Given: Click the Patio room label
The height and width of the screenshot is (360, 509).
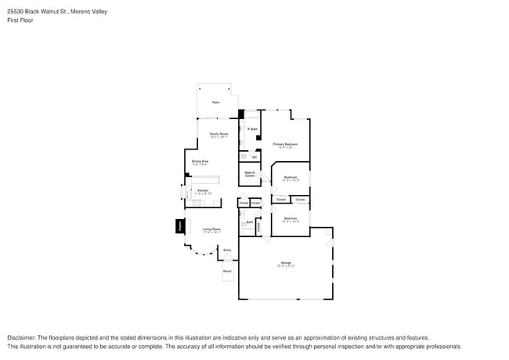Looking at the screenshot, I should tap(215, 103).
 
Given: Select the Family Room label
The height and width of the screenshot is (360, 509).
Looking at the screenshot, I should tap(218, 134).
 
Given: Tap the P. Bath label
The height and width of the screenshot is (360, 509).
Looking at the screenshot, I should tap(252, 129).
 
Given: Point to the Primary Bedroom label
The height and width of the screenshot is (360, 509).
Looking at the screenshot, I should tap(285, 144).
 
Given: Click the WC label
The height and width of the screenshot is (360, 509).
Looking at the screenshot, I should tap(254, 157).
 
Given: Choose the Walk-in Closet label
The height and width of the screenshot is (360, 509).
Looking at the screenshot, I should tap(250, 174).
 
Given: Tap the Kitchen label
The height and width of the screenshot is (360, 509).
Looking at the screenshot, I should tap(203, 190).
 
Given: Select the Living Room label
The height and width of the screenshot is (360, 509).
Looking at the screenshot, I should tap(211, 229).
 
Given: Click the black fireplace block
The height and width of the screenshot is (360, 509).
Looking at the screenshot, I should tap(180, 225).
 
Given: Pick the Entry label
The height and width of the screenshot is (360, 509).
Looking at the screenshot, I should tap(227, 250).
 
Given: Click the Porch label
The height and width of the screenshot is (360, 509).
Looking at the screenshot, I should tap(227, 272).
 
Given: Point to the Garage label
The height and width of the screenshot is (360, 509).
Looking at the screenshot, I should tap(285, 262).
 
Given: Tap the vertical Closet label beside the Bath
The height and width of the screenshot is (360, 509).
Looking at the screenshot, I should tap(258, 227).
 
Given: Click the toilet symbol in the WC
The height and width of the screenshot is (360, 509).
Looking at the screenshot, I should tap(244, 157).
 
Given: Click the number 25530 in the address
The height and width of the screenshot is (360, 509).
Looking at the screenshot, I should tap(17, 12).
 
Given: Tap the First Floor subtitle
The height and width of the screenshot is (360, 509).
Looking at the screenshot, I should tap(20, 20).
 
